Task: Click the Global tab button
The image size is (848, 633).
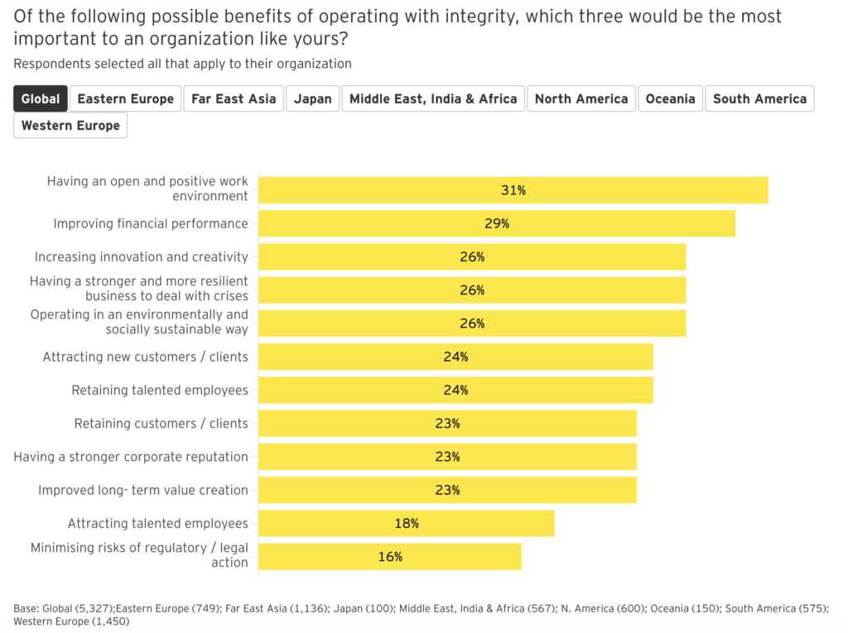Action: point(41,98)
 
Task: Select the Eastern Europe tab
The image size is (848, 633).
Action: point(125,98)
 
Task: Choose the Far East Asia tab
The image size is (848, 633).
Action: point(234,98)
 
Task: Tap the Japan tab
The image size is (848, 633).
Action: point(313,98)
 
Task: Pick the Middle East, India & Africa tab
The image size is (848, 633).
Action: point(433,98)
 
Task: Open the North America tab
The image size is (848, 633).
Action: point(581,98)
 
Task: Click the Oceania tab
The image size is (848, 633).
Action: point(670,98)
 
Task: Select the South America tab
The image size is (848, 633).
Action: point(759,98)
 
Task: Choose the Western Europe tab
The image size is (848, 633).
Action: point(70,126)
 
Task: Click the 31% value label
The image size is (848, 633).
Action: point(513,190)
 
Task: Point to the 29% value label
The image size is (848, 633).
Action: point(497,223)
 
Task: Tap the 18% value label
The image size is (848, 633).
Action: point(406,523)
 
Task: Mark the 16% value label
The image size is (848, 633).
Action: point(390,557)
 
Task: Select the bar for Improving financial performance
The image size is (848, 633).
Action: point(497,223)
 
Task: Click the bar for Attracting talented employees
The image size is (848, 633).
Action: point(406,523)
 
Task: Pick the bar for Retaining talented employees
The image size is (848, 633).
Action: point(455,390)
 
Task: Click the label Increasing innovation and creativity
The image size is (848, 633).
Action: point(141,257)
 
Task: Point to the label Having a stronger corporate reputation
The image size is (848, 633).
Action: point(131,457)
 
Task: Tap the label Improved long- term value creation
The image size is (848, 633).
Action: point(143,490)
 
